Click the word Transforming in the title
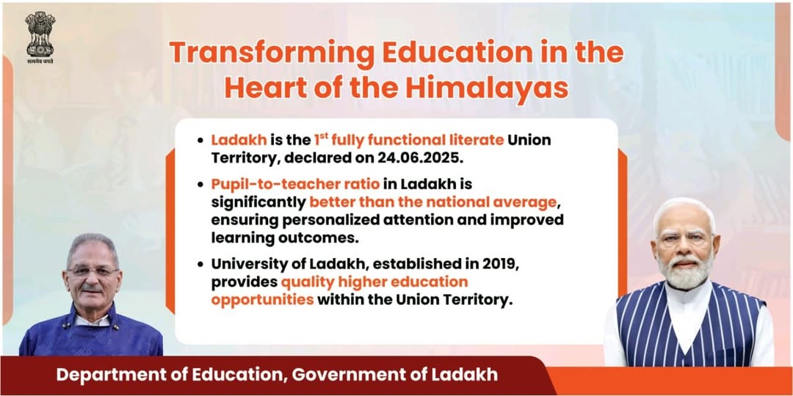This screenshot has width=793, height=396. click(x=271, y=54)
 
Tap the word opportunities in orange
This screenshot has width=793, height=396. click(x=262, y=300)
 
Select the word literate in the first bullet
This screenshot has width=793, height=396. click(x=475, y=139)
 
